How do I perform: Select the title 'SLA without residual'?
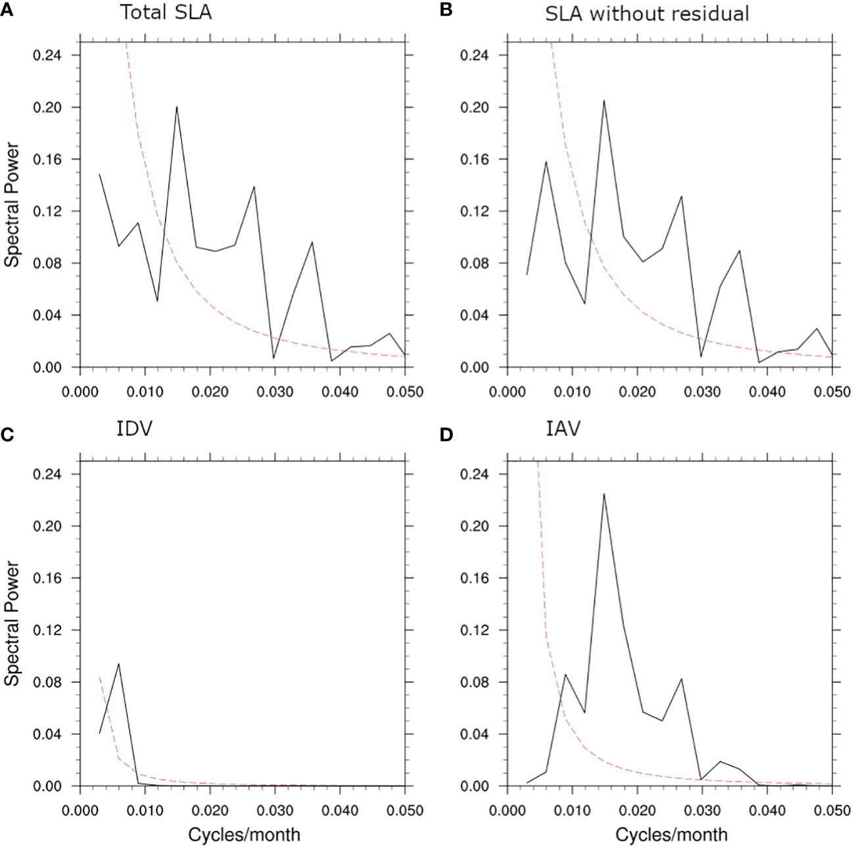pyautogui.click(x=647, y=13)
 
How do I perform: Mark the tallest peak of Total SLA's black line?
pyautogui.click(x=177, y=106)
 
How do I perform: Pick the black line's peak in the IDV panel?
pyautogui.click(x=118, y=663)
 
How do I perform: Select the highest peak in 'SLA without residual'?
pyautogui.click(x=604, y=101)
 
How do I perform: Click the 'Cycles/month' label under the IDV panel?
pyautogui.click(x=244, y=835)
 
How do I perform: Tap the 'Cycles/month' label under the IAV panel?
pyautogui.click(x=671, y=835)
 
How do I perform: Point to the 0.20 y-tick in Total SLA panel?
pyautogui.click(x=48, y=107)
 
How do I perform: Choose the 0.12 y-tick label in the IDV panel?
pyautogui.click(x=48, y=630)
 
